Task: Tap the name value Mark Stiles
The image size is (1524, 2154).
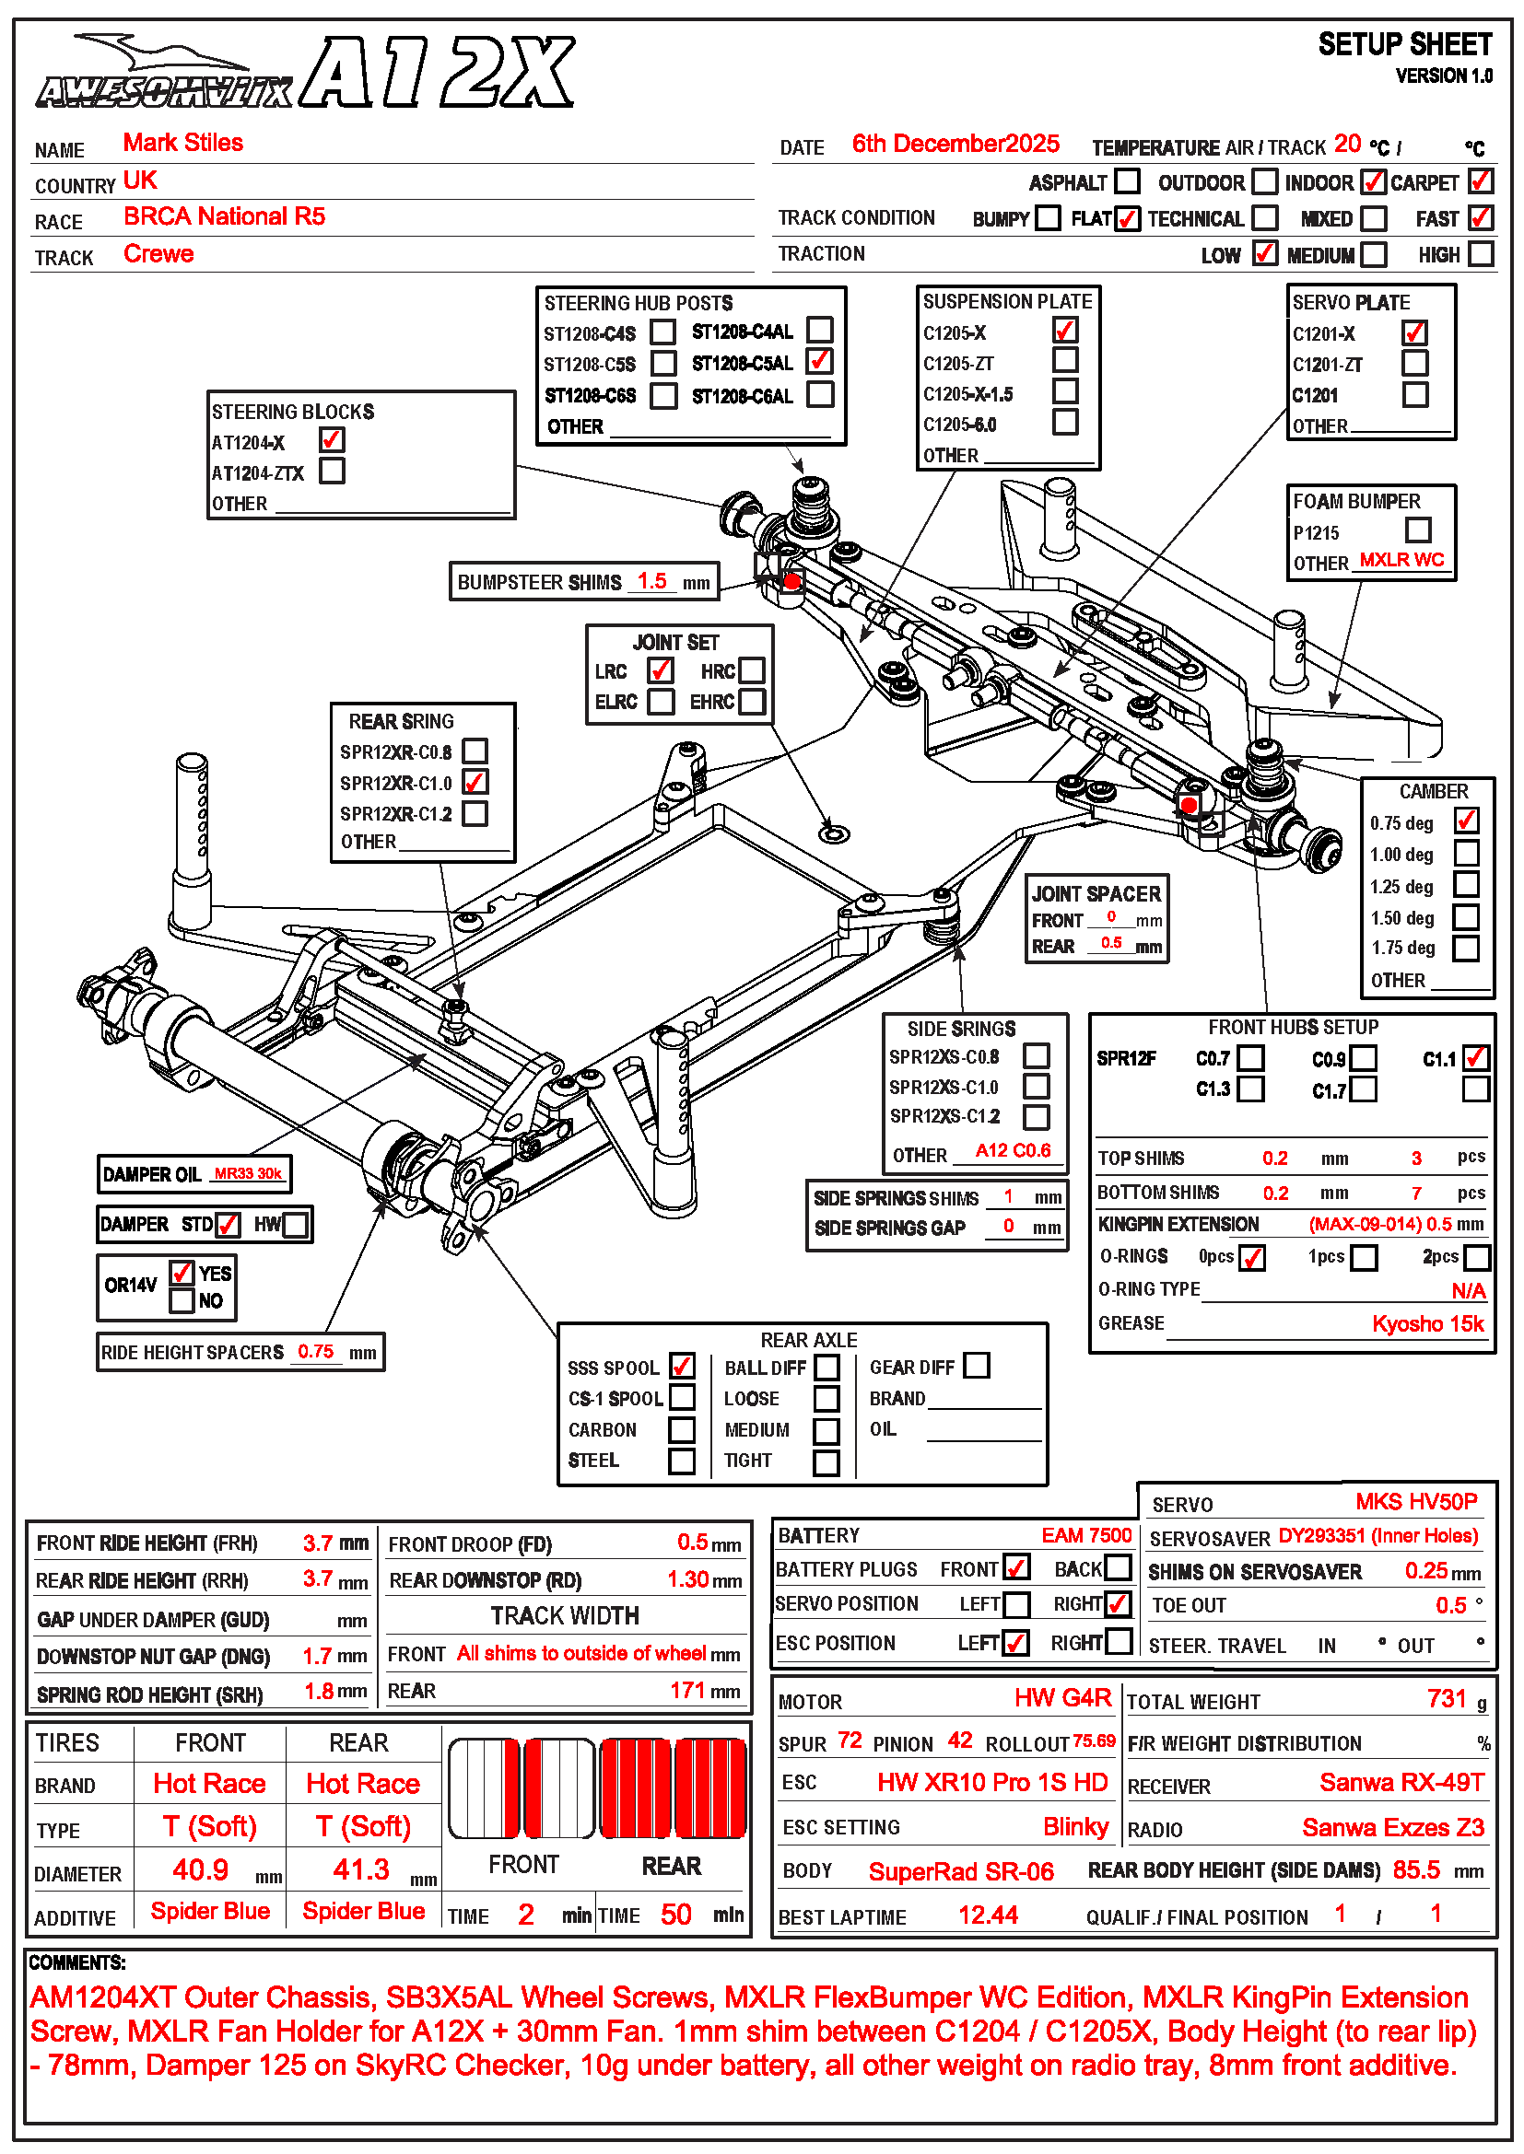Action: (183, 143)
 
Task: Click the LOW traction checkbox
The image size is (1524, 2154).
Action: (1264, 253)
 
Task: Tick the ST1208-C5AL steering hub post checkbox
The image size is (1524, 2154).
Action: (819, 361)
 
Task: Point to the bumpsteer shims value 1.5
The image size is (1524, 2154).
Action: (652, 581)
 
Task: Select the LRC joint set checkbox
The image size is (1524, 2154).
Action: (660, 669)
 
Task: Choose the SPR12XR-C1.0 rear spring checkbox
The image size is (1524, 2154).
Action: (475, 782)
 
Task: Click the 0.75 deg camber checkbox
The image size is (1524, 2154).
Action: (1466, 821)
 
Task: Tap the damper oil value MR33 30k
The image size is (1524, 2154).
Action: (248, 1172)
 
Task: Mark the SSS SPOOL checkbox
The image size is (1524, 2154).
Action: (682, 1366)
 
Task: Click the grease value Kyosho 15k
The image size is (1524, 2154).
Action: (1427, 1323)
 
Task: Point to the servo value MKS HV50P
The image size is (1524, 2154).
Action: (1415, 1502)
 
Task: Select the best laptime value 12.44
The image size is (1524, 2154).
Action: (988, 1915)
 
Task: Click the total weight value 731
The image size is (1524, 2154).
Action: (1446, 1699)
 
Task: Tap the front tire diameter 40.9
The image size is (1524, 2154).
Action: (200, 1869)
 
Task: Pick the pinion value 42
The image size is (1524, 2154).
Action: (959, 1741)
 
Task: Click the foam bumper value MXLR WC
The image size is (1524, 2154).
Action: (1401, 560)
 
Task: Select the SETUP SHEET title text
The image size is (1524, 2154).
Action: (1404, 45)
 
